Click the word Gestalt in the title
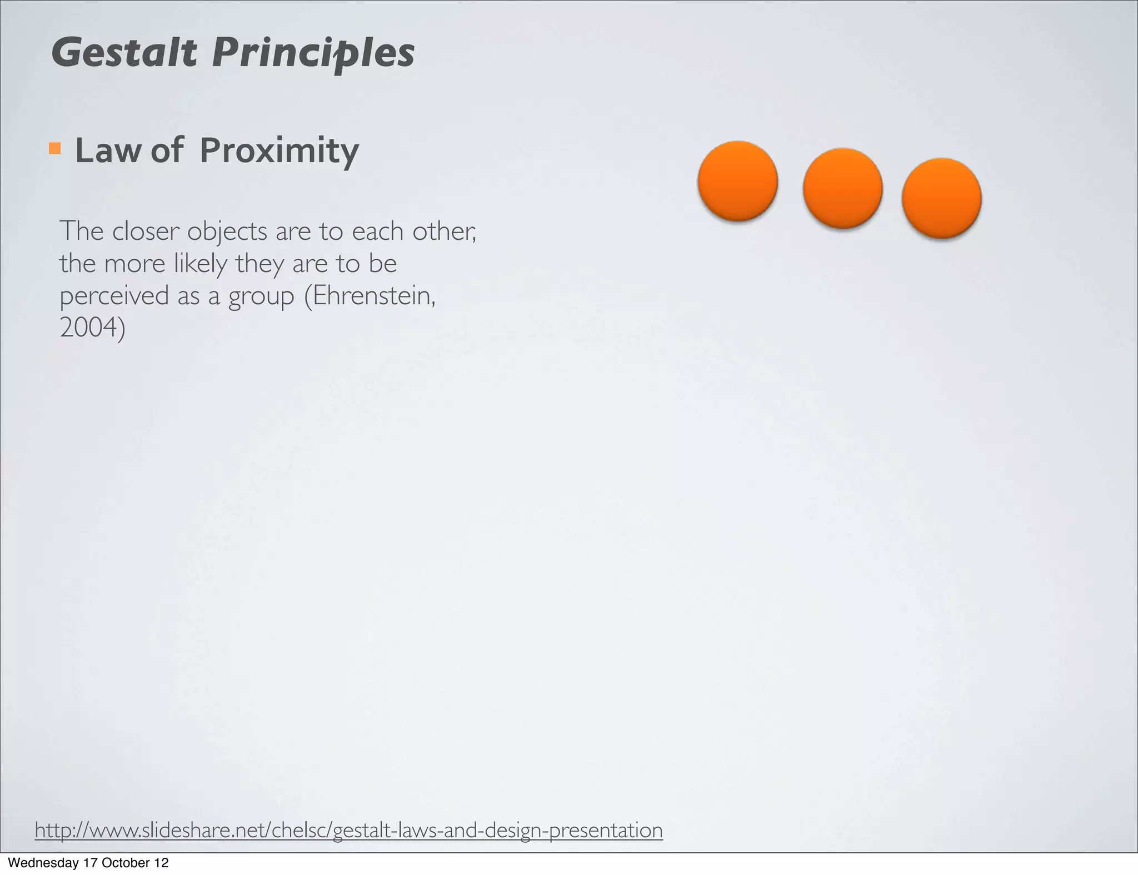[123, 53]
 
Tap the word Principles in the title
[313, 54]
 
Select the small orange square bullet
[54, 148]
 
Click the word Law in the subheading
[108, 150]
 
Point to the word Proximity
[279, 152]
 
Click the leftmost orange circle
[737, 181]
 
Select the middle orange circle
[842, 188]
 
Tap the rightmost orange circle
[941, 198]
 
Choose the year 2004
[89, 328]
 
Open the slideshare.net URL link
[348, 831]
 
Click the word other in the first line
[443, 231]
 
